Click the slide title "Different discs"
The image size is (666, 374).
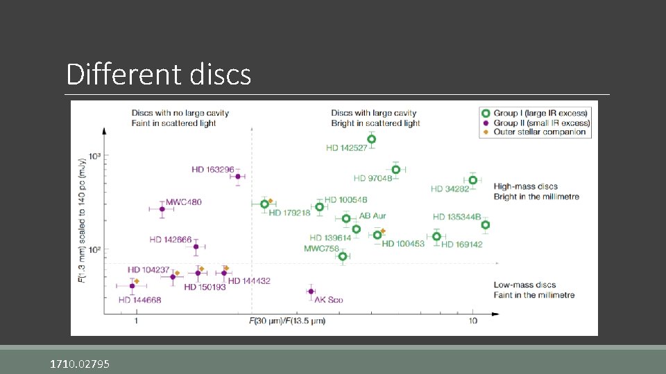[x=158, y=75]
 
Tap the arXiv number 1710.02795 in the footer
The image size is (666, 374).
[x=79, y=364]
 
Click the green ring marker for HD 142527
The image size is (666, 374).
[x=371, y=139]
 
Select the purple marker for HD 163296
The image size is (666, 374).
[x=237, y=177]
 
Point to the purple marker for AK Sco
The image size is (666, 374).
[x=311, y=291]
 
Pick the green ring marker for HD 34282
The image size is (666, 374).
[x=472, y=180]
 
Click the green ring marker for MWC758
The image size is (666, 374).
[x=342, y=256]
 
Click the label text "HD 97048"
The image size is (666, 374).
[x=373, y=179]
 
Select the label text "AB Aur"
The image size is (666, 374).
[x=373, y=217]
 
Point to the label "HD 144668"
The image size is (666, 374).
[x=139, y=300]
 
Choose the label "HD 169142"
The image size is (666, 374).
[x=461, y=244]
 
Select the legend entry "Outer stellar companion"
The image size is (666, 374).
[x=539, y=132]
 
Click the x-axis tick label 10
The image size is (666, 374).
[x=472, y=321]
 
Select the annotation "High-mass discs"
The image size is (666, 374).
[x=525, y=186]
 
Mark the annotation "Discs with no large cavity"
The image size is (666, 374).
[x=180, y=113]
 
